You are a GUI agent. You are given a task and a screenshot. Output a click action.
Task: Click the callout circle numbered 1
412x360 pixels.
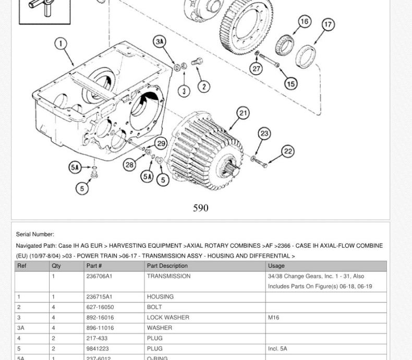[x=61, y=43]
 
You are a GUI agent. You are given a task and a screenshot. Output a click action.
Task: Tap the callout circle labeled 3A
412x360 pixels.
[x=160, y=42]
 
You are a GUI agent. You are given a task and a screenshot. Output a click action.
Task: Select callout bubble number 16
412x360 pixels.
[x=305, y=21]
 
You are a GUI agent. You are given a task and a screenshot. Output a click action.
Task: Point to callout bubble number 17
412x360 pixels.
[x=328, y=25]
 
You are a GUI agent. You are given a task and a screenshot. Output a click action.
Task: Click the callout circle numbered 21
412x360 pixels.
[x=244, y=113]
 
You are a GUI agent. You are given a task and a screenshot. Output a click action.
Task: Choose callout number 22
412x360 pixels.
[x=288, y=151]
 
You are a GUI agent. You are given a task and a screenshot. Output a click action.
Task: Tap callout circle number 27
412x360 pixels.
[x=256, y=68]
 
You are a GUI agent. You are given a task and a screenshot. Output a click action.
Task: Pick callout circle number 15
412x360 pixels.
[x=290, y=83]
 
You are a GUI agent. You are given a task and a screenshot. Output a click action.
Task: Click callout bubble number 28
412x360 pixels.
[x=129, y=165]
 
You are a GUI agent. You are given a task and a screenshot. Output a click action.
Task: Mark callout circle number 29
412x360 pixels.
[x=161, y=143]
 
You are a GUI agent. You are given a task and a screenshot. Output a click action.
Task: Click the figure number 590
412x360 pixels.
[x=201, y=208]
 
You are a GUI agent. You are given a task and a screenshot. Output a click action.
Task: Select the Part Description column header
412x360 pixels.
[x=167, y=266]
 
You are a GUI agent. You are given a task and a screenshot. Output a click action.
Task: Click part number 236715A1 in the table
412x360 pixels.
[x=99, y=296]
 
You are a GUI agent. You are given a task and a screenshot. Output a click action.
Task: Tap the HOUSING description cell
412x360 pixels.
[x=160, y=296]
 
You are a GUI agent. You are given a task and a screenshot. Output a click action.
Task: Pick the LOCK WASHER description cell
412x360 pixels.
[x=168, y=317]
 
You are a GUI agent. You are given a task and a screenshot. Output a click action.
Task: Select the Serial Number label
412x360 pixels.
[x=35, y=234]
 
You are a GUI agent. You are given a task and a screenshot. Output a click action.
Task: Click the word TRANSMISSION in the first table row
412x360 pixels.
[x=168, y=276]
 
